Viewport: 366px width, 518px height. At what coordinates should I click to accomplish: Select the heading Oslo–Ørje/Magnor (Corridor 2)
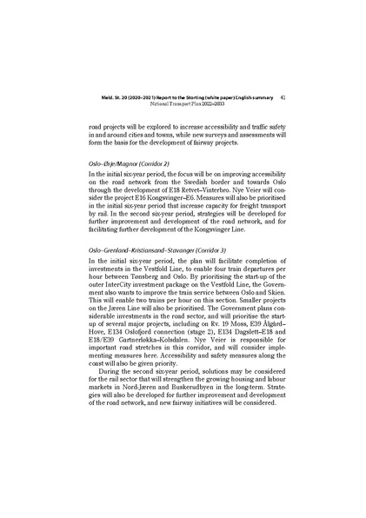(129, 163)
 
